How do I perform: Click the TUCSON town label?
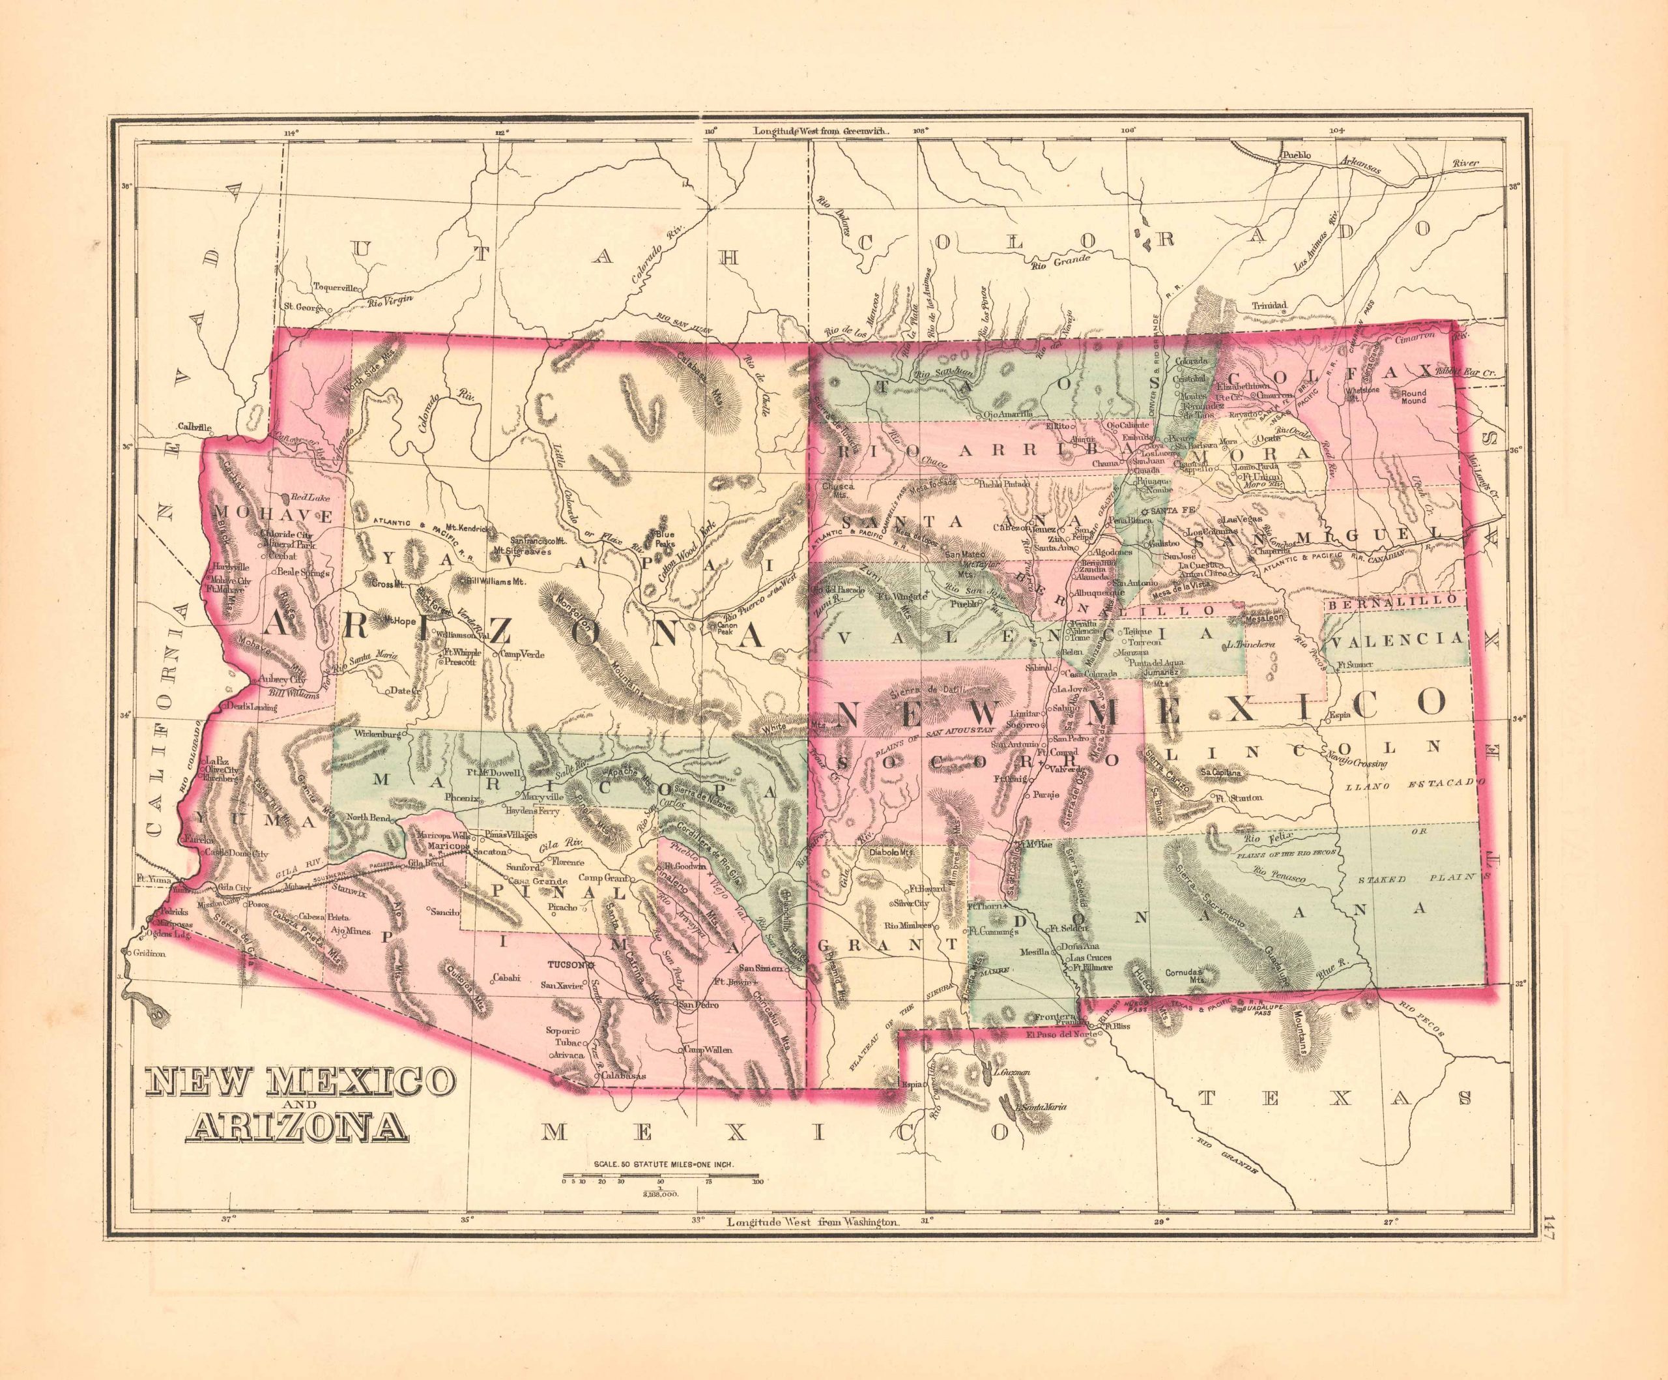(566, 965)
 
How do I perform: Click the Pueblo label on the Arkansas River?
(1295, 156)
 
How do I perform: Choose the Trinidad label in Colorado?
(1269, 305)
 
